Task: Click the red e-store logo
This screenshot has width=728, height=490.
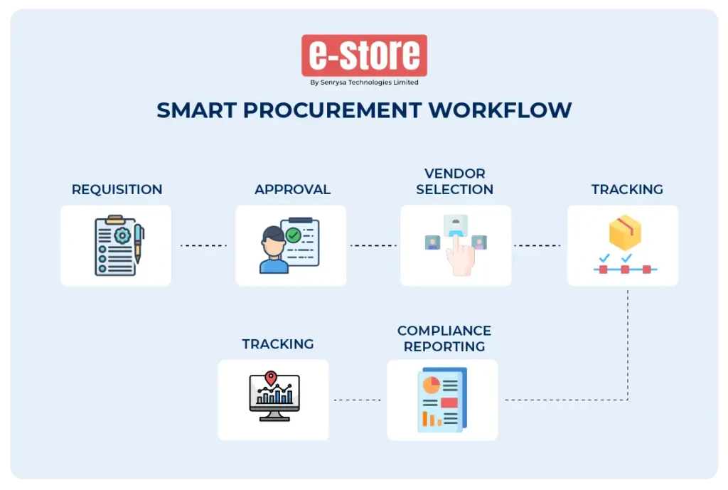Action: click(x=364, y=55)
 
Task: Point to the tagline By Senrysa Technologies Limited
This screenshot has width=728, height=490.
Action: click(x=364, y=82)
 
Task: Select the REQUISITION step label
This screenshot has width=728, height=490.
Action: click(x=117, y=190)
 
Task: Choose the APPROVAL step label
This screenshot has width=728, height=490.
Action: click(x=292, y=190)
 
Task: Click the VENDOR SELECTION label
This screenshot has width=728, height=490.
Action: click(x=455, y=181)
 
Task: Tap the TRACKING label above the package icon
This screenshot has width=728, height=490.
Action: click(x=627, y=190)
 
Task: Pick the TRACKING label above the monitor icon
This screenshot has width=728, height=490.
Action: click(x=278, y=344)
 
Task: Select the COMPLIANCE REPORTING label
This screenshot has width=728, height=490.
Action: click(x=444, y=339)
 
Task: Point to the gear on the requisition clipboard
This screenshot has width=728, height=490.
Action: click(x=122, y=235)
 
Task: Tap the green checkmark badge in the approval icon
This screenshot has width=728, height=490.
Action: click(x=293, y=234)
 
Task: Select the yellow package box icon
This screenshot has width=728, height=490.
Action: click(x=625, y=233)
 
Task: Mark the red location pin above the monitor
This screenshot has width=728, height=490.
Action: click(x=270, y=378)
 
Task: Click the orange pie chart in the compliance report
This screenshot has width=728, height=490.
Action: click(x=431, y=385)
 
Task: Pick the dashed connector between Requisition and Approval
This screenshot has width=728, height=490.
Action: click(x=203, y=245)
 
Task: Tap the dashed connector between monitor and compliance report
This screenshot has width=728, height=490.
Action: click(x=358, y=400)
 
